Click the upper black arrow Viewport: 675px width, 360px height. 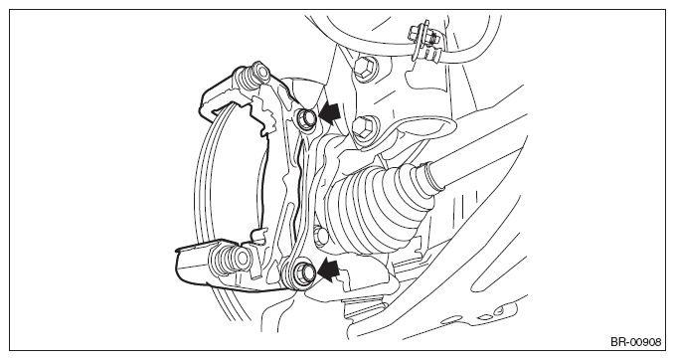click(x=330, y=111)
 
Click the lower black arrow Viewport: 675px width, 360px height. click(x=330, y=270)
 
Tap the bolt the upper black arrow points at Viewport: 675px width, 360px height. click(x=306, y=117)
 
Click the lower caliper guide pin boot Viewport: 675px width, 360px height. click(x=229, y=260)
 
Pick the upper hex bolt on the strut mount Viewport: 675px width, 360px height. click(x=366, y=68)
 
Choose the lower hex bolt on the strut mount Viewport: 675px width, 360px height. click(x=364, y=127)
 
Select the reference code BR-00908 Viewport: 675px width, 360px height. click(x=635, y=342)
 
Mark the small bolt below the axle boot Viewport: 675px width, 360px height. click(x=321, y=236)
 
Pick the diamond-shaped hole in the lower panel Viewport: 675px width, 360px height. click(x=485, y=316)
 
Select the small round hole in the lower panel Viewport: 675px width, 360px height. click(x=499, y=310)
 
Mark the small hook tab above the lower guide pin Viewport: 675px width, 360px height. click(x=257, y=235)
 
